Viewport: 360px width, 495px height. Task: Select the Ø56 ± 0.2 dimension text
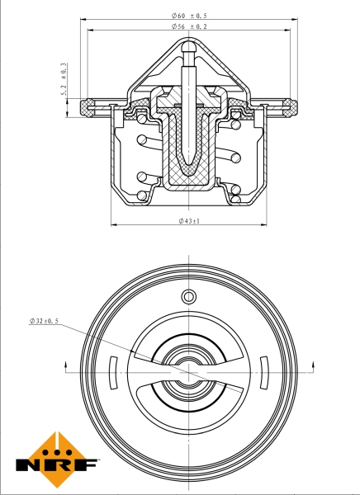point(189,26)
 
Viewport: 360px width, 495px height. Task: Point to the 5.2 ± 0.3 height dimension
point(63,81)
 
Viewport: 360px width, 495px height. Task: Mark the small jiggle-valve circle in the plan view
point(188,296)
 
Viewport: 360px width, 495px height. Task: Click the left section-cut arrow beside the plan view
point(64,364)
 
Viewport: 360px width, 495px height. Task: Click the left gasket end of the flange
point(86,106)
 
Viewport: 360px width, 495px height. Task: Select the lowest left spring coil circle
point(142,196)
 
